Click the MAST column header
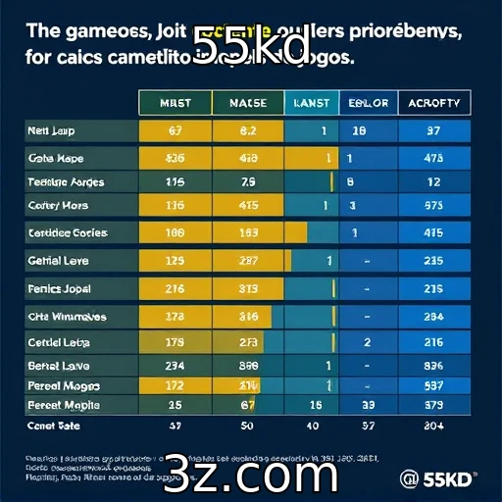(176, 103)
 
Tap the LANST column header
(311, 103)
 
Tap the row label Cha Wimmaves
(68, 317)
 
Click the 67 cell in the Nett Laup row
(176, 130)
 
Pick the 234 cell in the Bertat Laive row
(176, 365)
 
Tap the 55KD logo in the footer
(439, 478)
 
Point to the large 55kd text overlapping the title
(251, 44)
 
